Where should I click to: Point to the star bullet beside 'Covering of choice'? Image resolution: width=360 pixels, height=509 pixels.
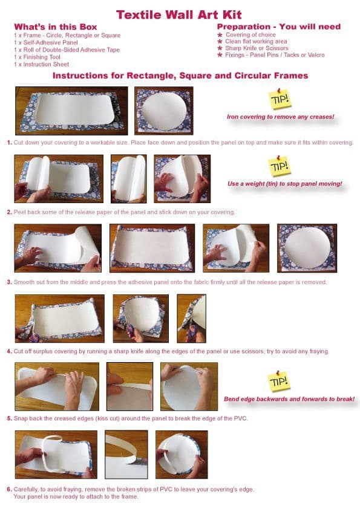click(x=220, y=34)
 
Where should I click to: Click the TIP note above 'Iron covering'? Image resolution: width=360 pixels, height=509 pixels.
click(x=280, y=99)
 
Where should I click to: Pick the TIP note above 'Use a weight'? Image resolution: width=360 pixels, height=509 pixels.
click(x=280, y=166)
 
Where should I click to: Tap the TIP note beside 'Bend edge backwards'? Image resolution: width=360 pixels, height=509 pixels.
click(x=279, y=381)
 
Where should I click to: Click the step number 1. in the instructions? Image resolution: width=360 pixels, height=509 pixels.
click(x=9, y=143)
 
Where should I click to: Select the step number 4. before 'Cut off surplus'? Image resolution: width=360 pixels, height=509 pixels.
click(x=9, y=351)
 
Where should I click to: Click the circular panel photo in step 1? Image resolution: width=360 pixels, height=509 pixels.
click(x=163, y=111)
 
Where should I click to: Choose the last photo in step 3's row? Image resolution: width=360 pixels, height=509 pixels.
click(x=307, y=248)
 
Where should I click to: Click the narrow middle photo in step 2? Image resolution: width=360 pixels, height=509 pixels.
click(x=128, y=179)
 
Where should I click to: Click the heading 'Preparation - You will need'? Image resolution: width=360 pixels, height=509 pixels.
click(x=278, y=27)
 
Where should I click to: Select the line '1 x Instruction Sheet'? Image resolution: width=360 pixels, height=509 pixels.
click(x=41, y=64)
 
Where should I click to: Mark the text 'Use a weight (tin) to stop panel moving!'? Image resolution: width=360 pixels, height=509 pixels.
click(x=285, y=183)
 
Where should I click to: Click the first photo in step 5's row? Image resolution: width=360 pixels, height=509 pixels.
click(x=57, y=386)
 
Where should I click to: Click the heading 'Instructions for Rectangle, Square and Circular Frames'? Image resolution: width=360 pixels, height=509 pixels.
click(x=180, y=76)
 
